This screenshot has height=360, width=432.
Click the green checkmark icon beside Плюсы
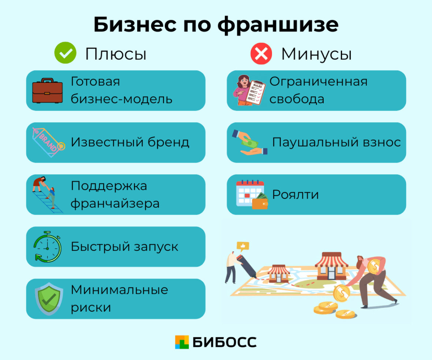65,53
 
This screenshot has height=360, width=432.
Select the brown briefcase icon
48,90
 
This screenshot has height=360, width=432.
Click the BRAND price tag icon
48,142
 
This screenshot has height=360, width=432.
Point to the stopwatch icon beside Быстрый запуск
47,246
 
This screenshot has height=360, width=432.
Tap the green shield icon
46,298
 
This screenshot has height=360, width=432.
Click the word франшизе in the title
278,25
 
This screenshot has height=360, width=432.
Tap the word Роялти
295,194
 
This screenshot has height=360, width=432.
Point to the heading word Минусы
316,54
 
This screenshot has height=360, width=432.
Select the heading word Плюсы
116,54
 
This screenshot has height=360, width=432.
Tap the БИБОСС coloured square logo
182,342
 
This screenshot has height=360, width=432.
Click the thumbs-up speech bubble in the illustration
243,245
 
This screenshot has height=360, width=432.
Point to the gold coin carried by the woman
375,266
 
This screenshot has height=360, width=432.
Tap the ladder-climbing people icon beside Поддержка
46,194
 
